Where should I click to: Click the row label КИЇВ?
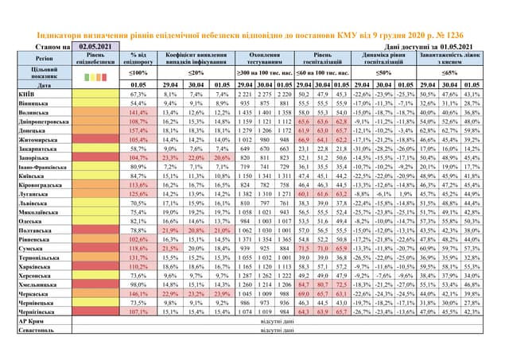[25, 94]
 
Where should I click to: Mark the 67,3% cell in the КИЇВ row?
[138, 94]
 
